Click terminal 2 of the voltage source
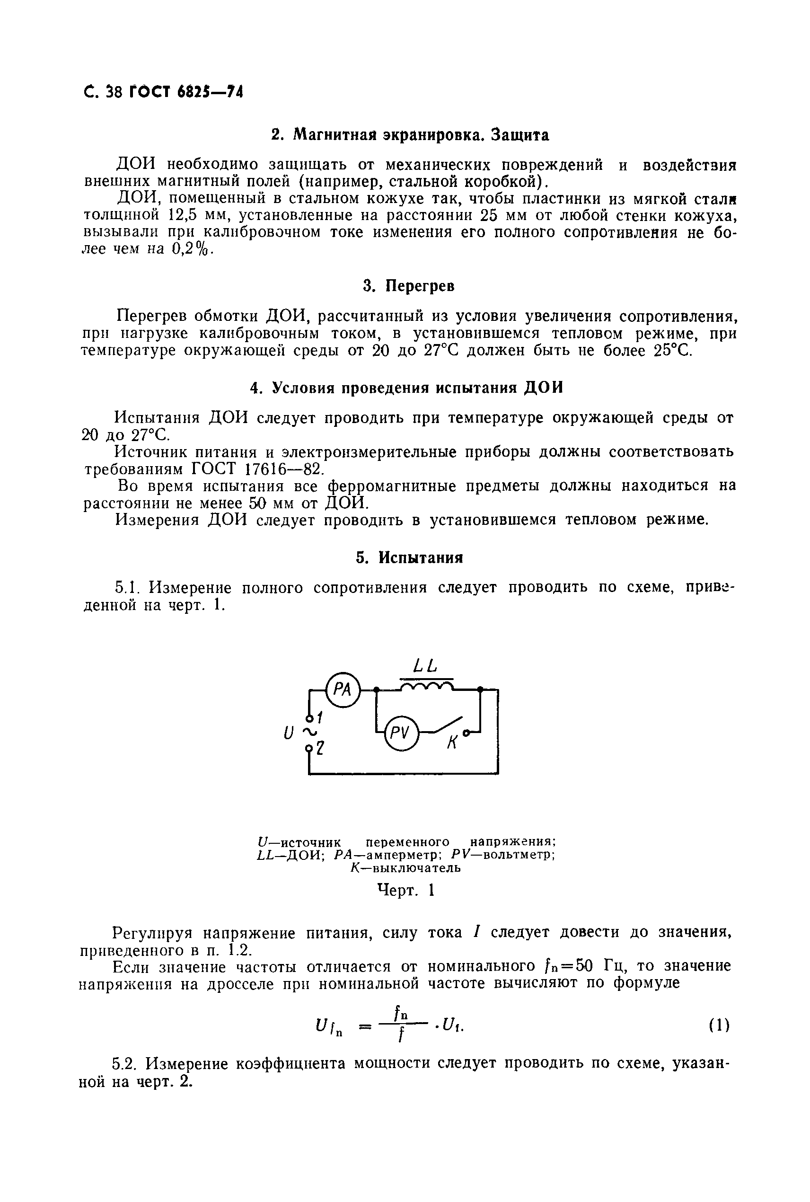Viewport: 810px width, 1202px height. pos(310,747)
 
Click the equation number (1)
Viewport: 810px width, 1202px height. pos(719,1025)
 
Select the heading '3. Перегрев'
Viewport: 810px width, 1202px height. pos(409,286)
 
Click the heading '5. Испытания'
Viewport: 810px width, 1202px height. pos(409,558)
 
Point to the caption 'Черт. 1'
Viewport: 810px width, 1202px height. pos(406,890)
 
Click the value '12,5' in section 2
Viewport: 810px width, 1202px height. pos(184,215)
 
